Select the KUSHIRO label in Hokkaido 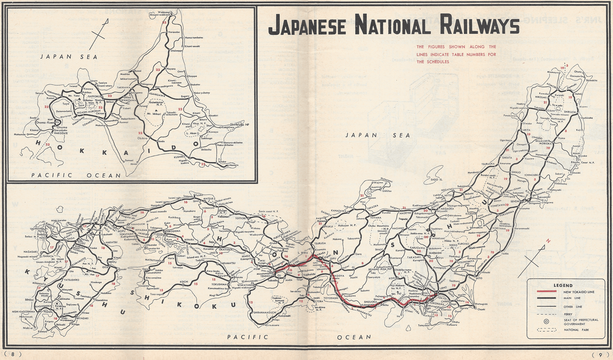181,156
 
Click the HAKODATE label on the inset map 57,133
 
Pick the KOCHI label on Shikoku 183,282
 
